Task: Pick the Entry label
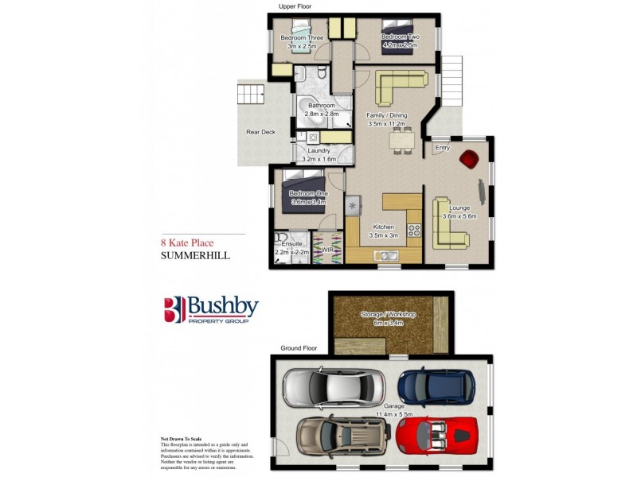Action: pyautogui.click(x=443, y=149)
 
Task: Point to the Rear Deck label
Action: pyautogui.click(x=260, y=132)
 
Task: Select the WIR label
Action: pyautogui.click(x=327, y=250)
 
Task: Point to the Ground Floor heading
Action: pyautogui.click(x=299, y=348)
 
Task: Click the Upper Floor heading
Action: pyautogui.click(x=295, y=6)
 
